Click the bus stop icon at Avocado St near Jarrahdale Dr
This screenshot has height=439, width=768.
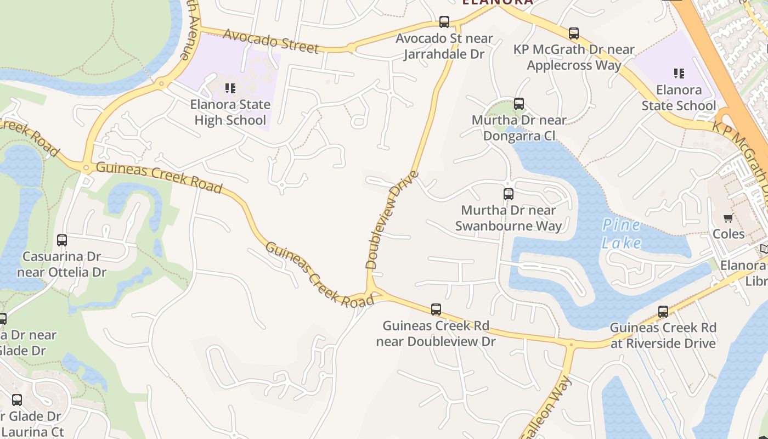[x=444, y=22]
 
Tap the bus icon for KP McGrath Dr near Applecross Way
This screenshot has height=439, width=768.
[x=574, y=33]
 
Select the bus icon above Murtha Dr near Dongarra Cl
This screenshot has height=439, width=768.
[x=519, y=103]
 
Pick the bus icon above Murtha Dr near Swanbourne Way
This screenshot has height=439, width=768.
[x=509, y=194]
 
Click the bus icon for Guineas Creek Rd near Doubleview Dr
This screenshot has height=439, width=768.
[x=436, y=309]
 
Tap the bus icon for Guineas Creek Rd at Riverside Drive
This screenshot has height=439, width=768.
[x=663, y=312]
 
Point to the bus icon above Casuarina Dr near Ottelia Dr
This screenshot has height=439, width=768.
[x=62, y=240]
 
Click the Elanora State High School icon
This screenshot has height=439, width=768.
[x=230, y=88]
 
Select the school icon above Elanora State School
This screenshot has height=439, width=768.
[x=679, y=73]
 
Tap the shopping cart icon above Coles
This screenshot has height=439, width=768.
[x=729, y=218]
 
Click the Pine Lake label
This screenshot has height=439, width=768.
[x=621, y=234]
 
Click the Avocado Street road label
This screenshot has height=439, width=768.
[x=271, y=41]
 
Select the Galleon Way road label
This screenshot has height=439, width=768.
[x=546, y=409]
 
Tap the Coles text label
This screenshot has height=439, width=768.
[x=729, y=234]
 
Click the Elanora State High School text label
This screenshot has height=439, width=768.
[x=230, y=112]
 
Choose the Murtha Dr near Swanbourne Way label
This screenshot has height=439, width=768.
[x=509, y=218]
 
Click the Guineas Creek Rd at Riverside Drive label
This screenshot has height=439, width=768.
[x=663, y=335]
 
